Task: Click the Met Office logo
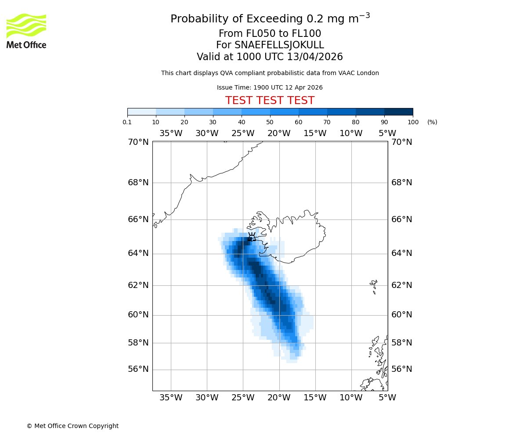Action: pos(26,31)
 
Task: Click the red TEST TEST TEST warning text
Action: pos(270,101)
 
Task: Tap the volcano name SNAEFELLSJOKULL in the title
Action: pos(279,45)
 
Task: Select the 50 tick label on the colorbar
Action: pos(270,122)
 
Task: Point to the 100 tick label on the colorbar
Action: pos(413,122)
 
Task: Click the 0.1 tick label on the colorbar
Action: pos(127,122)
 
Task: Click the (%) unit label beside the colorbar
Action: pos(432,122)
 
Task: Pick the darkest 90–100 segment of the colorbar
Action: pos(398,112)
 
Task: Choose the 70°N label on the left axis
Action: pos(138,142)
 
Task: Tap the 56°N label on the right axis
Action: pos(402,369)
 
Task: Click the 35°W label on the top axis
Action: pos(170,133)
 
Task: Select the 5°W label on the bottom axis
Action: pos(387,398)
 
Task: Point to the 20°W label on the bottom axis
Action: pos(279,398)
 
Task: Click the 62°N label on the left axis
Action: pos(138,285)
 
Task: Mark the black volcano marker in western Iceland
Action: pos(251,237)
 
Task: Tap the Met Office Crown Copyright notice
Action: pos(72,426)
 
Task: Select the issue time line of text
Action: pos(270,87)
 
